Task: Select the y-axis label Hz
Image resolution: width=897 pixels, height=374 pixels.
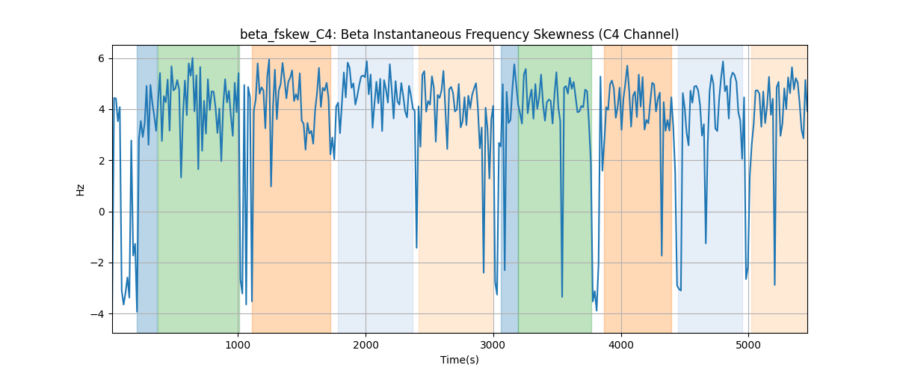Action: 80,190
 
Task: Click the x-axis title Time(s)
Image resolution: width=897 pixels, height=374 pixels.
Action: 459,360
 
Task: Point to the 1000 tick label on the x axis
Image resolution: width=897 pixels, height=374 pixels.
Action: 238,345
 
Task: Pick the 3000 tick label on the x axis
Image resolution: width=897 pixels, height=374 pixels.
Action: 493,345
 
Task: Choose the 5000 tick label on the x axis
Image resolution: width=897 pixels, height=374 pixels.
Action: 748,345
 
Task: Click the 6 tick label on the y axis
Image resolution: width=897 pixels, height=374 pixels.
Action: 101,58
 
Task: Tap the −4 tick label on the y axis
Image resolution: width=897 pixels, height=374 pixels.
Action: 97,314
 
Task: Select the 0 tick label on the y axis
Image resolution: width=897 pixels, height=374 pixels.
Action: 101,212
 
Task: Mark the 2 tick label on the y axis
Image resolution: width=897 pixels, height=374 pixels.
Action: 101,161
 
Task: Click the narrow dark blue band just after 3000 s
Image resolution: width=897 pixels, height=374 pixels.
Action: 509,188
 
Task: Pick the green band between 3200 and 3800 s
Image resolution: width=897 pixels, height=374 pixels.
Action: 555,188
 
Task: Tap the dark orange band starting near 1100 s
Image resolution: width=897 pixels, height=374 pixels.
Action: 292,188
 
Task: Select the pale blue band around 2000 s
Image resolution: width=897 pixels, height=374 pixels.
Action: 375,188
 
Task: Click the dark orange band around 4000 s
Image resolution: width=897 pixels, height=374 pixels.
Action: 638,188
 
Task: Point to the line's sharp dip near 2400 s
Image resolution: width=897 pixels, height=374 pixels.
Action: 416,248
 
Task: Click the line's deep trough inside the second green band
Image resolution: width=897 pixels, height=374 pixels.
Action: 562,297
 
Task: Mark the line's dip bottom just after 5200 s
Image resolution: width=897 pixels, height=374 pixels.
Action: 774,285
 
